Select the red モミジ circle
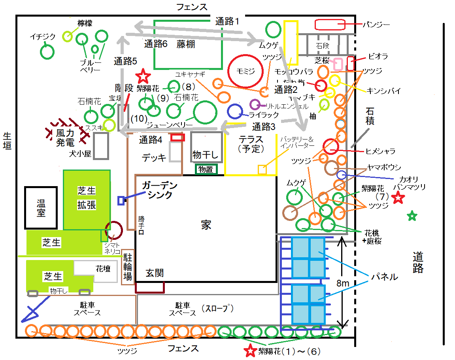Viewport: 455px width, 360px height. pos(245,71)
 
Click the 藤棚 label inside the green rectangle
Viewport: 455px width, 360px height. pos(186,44)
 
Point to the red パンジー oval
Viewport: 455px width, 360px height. pos(330,25)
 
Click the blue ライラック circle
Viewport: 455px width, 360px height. pos(235,111)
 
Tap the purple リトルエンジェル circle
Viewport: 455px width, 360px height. pos(255,105)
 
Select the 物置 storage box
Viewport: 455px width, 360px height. pos(206,170)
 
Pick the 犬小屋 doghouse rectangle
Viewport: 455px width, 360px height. pos(101,146)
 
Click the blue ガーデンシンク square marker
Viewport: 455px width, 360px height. pos(121,200)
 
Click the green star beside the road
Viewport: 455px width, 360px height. pos(412,216)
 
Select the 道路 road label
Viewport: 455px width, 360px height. pos(418,262)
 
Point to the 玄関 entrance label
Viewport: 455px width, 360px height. pos(155,273)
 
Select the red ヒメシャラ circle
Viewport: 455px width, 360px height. pos(330,147)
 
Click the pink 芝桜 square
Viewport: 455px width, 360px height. pos(338,64)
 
